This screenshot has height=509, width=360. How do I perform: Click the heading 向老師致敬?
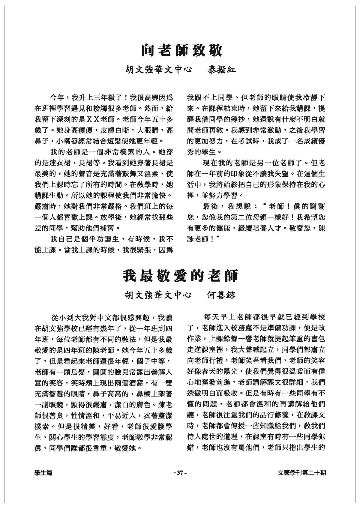[x=181, y=51]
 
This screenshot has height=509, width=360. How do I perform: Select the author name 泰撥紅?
[x=222, y=70]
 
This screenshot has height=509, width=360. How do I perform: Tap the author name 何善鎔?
[x=221, y=295]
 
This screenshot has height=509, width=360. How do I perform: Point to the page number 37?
[x=180, y=473]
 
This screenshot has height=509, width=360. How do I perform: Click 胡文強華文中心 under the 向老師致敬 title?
[x=159, y=70]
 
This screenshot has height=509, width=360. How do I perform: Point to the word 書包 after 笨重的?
[x=318, y=340]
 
